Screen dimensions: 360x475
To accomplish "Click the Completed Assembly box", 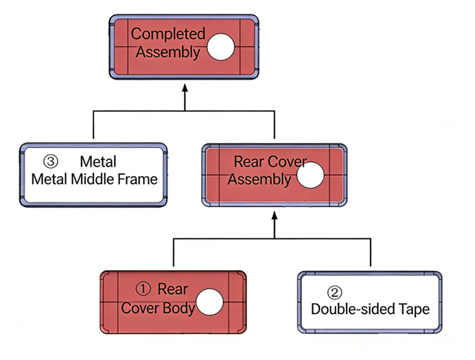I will (184, 46).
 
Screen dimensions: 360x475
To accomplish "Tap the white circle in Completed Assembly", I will (221, 47).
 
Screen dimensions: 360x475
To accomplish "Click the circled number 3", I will (50, 162).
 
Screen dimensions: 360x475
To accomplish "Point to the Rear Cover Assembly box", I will (275, 174).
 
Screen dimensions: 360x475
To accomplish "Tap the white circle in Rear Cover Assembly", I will (310, 176).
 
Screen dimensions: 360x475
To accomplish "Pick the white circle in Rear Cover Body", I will (210, 302).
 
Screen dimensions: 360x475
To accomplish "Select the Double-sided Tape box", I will (370, 302).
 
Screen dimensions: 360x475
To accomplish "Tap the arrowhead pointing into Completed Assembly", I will (184, 88).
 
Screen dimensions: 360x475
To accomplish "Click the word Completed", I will (168, 34).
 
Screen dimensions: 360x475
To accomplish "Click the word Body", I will (179, 309).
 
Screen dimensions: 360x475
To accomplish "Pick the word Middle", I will (93, 180).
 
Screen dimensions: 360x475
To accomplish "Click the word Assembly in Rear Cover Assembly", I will (259, 180).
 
